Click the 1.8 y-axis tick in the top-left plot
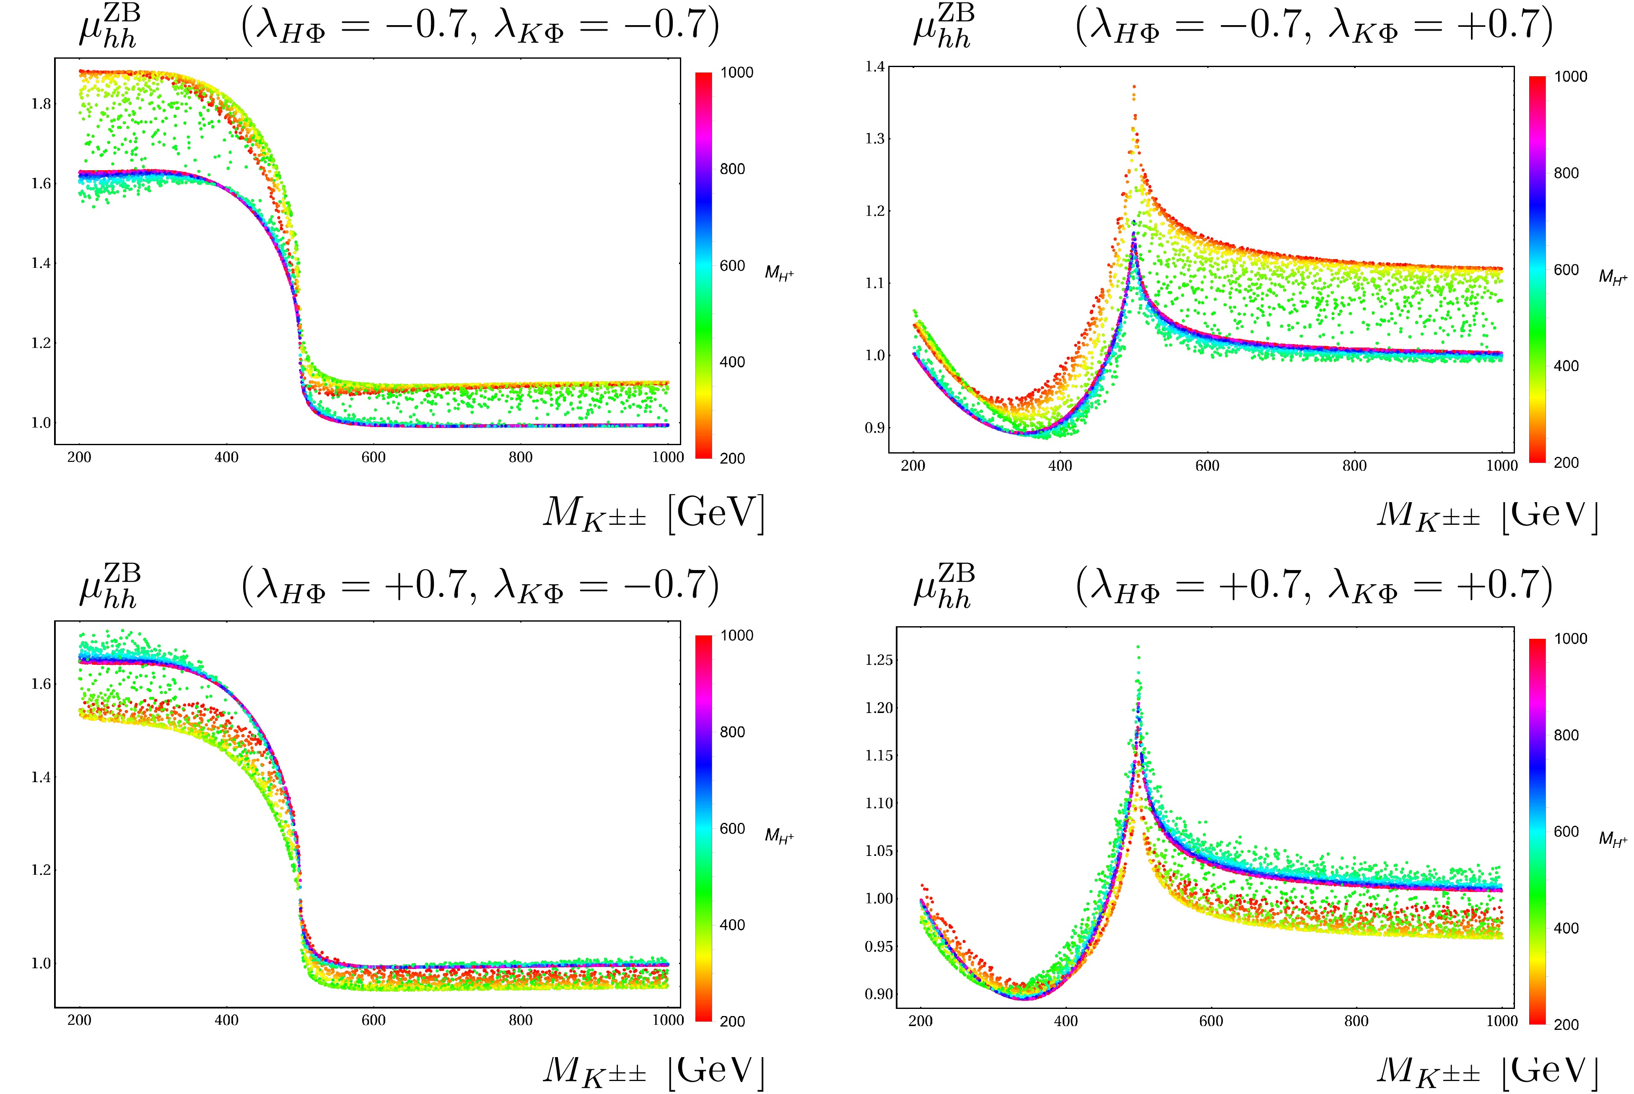coord(41,104)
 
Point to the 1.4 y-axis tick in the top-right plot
coord(875,67)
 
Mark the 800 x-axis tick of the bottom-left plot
coord(521,1021)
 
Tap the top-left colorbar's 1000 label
coord(737,73)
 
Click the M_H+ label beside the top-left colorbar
coord(779,273)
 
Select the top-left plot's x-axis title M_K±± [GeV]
coord(654,514)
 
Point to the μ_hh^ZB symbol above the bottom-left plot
coord(109,587)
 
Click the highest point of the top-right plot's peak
coord(1134,86)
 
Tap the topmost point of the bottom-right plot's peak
coord(1138,647)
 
